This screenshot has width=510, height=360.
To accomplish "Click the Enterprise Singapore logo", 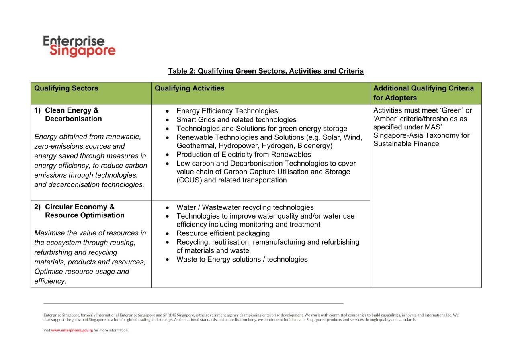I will tap(79, 46).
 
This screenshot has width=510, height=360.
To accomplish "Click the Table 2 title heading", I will tap(266, 71).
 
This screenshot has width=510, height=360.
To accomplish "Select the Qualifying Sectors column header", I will tap(66, 88).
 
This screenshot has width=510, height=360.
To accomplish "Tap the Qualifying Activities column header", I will tap(189, 88).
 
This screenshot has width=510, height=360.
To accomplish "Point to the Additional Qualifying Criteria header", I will tap(423, 93).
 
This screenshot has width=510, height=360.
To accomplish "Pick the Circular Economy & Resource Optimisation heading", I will tap(84, 211).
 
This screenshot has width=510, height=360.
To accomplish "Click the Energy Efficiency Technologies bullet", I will tap(227, 111).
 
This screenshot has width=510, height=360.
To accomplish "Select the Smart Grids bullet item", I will tap(236, 120).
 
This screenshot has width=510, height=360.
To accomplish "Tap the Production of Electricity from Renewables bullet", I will tap(244, 155).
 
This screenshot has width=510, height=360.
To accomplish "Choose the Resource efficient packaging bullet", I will tap(223, 233).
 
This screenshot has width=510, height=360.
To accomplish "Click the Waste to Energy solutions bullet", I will tap(242, 260).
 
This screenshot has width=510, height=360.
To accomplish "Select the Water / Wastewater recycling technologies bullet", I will tap(245, 207).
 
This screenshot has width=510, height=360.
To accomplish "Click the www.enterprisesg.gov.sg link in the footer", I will tap(72, 331).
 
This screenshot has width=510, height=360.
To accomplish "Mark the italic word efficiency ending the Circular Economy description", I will tap(49, 281).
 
